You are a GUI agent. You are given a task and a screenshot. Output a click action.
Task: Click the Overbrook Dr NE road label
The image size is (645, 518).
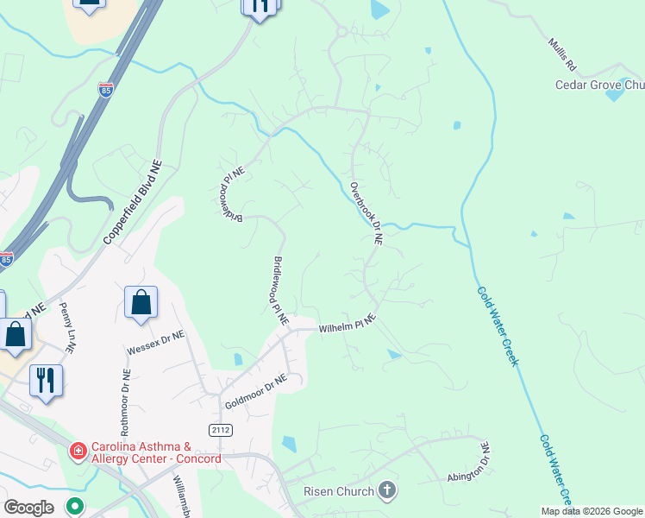pos(366,213)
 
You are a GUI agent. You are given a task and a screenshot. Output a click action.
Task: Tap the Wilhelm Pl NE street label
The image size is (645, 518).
pos(348,325)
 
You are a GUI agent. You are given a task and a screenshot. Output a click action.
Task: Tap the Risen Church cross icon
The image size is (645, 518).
pos(387,491)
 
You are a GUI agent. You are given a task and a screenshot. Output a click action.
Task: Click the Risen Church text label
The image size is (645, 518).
pos(339,491)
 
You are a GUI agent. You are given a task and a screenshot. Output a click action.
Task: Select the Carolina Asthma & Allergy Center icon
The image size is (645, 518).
pos(78,450)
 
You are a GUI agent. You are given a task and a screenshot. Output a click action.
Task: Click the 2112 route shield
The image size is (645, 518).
pos(221,429)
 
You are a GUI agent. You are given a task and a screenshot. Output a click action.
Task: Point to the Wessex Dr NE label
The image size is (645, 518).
pos(155,343)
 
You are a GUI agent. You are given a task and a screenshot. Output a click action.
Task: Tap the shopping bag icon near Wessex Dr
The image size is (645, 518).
pos(141,303)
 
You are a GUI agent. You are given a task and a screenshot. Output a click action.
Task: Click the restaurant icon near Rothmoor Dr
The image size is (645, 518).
pos(46,380)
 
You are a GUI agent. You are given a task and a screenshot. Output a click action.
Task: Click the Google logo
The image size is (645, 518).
pos(28,508)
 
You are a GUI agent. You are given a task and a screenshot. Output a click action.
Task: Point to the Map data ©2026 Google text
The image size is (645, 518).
pos(592,511)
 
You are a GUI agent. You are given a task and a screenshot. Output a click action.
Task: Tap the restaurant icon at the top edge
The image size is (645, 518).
pos(260,7)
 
